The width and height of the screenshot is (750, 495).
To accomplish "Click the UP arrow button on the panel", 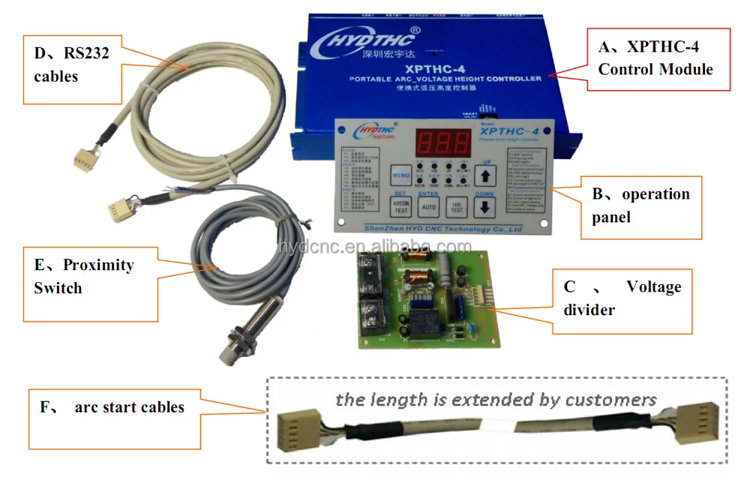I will [486, 175].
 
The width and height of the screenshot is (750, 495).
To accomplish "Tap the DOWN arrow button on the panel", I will [486, 208].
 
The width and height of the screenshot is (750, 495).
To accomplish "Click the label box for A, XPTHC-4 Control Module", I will [658, 59].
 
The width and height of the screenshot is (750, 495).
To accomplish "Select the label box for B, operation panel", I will [641, 206].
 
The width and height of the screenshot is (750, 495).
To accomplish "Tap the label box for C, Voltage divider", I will [622, 298].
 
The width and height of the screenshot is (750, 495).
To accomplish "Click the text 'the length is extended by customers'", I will [496, 398].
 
